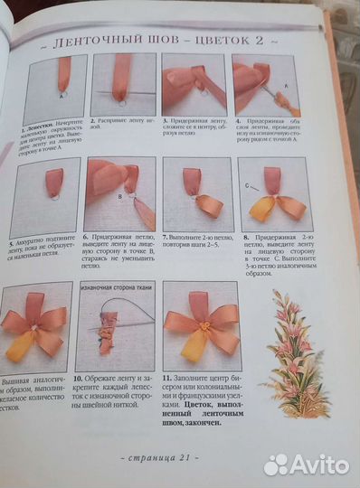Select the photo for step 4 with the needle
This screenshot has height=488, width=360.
click(265, 86)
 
